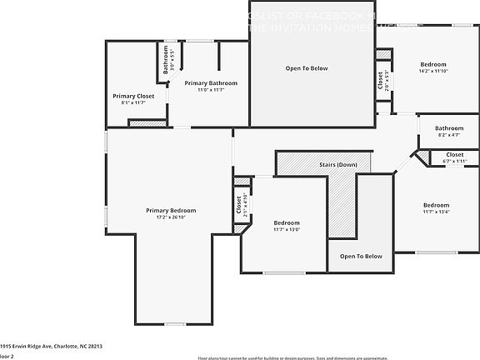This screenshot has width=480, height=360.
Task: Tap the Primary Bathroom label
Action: [x=211, y=83]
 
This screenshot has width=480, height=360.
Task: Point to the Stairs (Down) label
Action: [x=338, y=165]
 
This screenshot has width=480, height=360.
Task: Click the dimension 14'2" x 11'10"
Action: [x=433, y=71]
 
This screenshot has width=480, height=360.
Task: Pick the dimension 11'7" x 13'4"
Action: [x=436, y=212]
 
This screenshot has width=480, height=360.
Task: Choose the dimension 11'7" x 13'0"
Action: [x=287, y=229]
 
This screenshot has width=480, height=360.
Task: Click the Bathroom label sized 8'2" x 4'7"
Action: [x=449, y=128]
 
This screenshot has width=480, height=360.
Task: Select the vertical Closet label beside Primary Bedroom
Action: [x=238, y=205]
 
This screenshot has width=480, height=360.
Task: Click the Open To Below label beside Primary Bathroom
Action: [x=307, y=68]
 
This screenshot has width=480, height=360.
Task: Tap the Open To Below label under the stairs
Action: [x=361, y=257]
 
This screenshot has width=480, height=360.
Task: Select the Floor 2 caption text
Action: [x=7, y=355]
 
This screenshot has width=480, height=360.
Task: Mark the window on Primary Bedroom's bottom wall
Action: [x=174, y=323]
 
